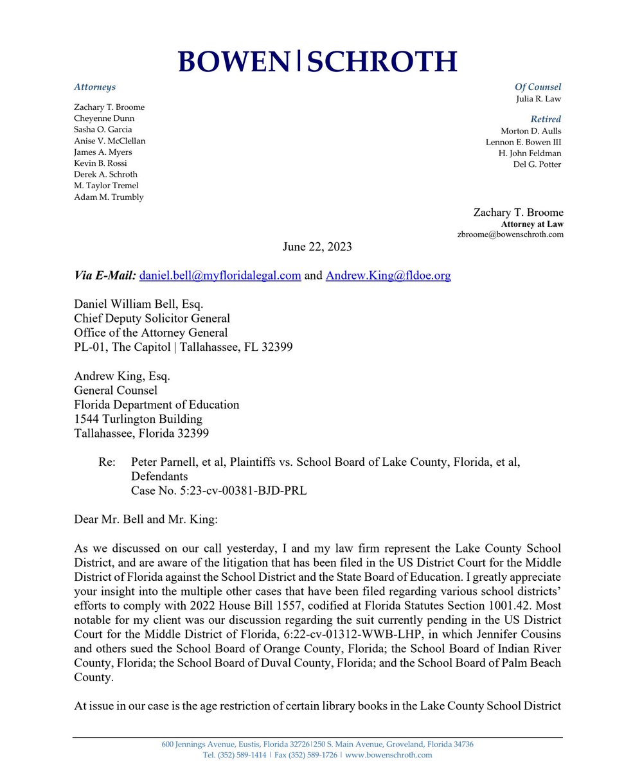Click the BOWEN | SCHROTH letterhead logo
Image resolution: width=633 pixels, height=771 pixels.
pos(317,62)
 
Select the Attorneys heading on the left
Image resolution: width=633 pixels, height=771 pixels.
pos(94,87)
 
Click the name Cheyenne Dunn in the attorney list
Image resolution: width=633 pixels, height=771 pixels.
pos(104,118)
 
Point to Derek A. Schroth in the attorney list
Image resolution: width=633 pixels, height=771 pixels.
pos(105,174)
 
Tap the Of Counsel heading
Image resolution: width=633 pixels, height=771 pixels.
pos(537,87)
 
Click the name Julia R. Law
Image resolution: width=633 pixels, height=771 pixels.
pos(539,99)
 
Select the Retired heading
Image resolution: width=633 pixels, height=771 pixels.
pos(546,119)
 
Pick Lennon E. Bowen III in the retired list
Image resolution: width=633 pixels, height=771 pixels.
pos(521,142)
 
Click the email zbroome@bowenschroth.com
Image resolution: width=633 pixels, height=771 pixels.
pos(510,235)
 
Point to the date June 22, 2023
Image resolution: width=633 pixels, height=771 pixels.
pos(317,247)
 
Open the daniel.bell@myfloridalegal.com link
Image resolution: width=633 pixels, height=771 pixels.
pos(220,276)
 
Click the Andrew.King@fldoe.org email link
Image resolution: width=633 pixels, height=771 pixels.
pos(388,276)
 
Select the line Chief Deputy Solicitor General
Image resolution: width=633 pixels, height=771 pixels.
pos(152,318)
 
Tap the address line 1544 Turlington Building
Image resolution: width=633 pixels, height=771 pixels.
pos(138,419)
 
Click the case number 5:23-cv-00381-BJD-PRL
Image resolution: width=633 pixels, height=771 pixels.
pos(218,491)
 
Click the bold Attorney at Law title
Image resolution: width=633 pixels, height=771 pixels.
pos(532,224)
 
